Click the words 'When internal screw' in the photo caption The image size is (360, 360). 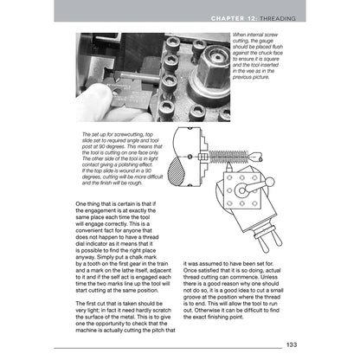click(259, 36)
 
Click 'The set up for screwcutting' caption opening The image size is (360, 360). click(112, 135)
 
